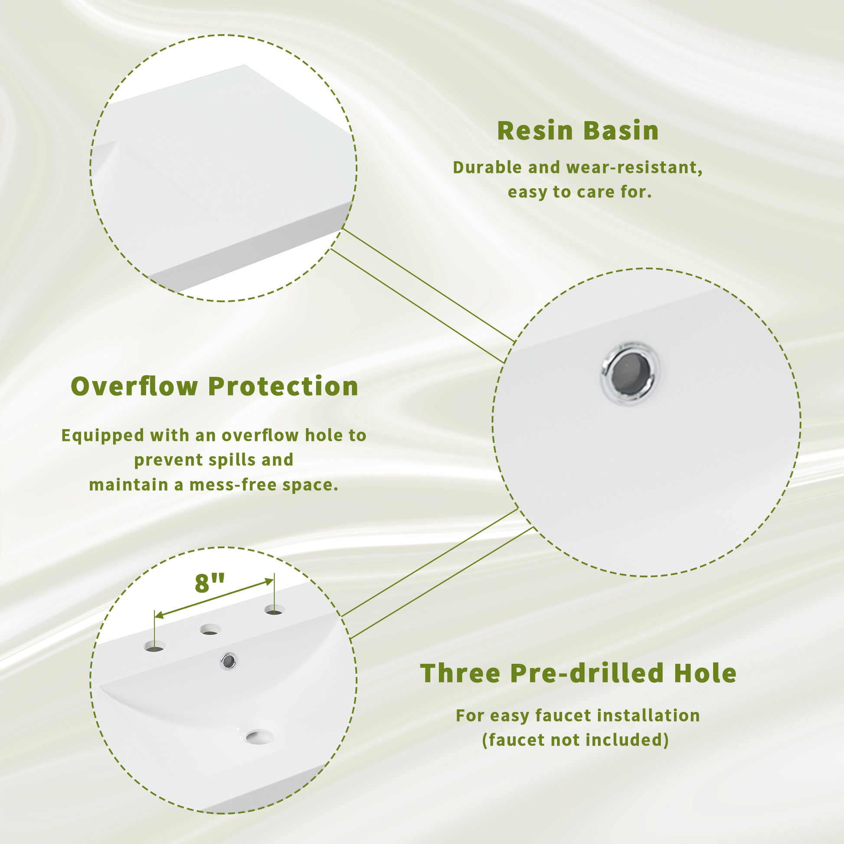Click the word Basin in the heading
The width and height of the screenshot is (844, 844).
click(621, 131)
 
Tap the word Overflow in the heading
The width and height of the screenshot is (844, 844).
click(134, 386)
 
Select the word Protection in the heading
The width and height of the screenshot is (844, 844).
click(283, 386)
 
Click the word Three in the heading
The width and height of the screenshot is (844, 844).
click(460, 673)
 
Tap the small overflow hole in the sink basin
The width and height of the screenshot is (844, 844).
click(228, 661)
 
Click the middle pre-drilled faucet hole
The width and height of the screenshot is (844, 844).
click(210, 629)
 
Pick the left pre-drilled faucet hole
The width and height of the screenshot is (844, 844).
click(155, 646)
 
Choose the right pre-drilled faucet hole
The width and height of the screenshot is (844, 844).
click(274, 609)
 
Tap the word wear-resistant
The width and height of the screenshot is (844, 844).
click(635, 168)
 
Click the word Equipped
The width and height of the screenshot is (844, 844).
click(103, 435)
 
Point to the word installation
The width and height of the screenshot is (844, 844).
click(648, 716)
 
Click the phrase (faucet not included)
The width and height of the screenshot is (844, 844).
click(576, 740)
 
